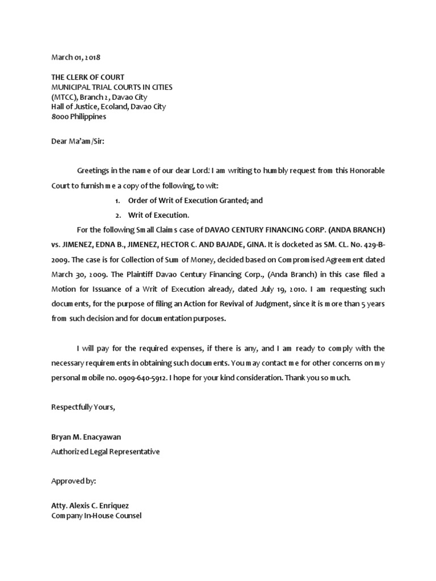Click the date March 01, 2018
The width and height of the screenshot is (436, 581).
coord(76,57)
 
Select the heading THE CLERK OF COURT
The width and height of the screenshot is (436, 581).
coord(87,77)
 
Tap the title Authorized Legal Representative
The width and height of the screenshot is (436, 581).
coord(106,452)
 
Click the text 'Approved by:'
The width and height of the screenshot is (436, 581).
coord(74,480)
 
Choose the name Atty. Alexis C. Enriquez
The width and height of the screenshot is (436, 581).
coord(94,506)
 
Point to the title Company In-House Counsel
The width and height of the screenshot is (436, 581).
coord(96,516)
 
